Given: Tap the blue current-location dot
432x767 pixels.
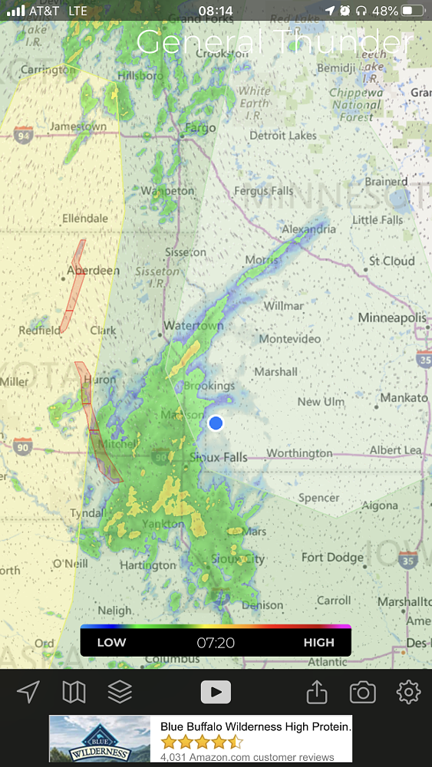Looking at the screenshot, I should (216, 423).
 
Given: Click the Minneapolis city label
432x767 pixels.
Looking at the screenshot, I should (391, 318).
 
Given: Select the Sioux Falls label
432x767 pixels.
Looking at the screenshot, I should (219, 457).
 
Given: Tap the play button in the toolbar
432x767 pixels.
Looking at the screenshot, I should (216, 693).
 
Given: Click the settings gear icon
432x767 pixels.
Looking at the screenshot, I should (408, 693).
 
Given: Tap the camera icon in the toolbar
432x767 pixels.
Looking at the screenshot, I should (362, 693).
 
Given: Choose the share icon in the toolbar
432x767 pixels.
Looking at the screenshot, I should (317, 693).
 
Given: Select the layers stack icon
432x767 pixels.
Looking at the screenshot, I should (120, 693).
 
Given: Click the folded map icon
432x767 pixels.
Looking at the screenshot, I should (74, 693).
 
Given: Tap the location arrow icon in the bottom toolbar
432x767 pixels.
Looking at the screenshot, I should (28, 693).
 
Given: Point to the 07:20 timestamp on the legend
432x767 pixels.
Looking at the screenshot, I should (216, 643).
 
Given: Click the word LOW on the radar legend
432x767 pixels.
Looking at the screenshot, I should (111, 643).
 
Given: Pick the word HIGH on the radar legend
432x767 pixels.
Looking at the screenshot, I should (319, 643).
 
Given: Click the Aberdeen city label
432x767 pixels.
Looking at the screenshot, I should (94, 271).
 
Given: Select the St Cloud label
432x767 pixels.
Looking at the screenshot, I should (391, 261).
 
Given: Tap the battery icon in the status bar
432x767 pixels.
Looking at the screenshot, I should (413, 11).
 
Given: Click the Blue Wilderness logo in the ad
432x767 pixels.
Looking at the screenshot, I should (100, 739).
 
